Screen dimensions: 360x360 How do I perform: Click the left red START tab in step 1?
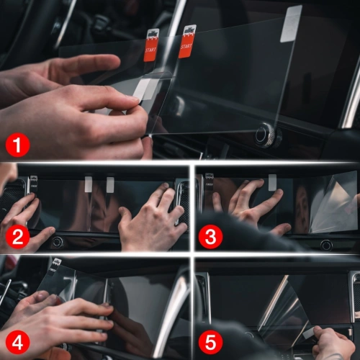[x=152, y=44]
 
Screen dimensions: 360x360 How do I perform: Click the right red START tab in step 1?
[x=187, y=40]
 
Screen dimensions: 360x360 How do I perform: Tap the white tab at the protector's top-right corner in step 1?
[x=290, y=22]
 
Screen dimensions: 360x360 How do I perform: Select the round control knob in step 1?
[x=265, y=135]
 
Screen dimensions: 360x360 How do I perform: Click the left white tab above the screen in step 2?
[x=88, y=184]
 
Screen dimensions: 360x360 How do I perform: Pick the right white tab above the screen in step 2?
[x=110, y=184]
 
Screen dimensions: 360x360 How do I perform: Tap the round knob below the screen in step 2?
[x=57, y=242]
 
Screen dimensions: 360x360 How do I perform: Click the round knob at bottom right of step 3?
[x=326, y=245]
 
